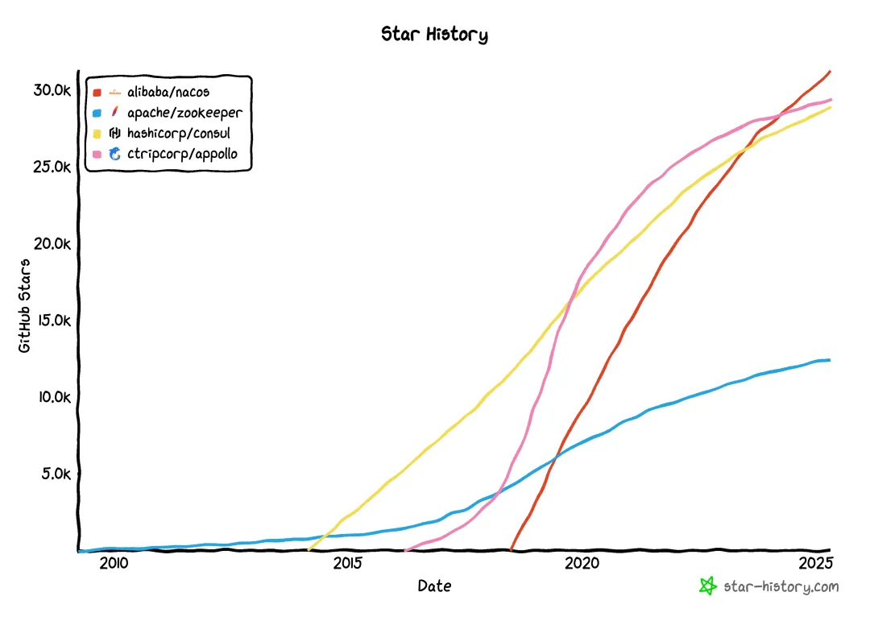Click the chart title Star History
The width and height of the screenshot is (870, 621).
point(434,35)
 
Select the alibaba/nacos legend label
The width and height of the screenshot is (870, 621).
point(168,93)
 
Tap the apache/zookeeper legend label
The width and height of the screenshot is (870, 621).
point(184,113)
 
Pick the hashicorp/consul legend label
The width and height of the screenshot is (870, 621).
point(178,133)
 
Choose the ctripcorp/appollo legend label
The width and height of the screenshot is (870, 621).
point(182,153)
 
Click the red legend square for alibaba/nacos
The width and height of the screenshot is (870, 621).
point(97,93)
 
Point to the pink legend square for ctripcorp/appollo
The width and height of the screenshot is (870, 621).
point(97,153)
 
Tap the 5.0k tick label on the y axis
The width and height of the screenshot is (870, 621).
point(56,474)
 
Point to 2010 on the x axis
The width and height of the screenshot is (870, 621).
point(114,562)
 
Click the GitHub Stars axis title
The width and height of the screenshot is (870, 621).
point(25,305)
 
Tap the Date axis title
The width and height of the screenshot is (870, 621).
point(434,586)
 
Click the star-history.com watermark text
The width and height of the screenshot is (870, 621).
point(781,587)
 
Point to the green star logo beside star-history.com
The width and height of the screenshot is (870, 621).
point(707,586)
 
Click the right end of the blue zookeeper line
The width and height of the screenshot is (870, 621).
point(828,360)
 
